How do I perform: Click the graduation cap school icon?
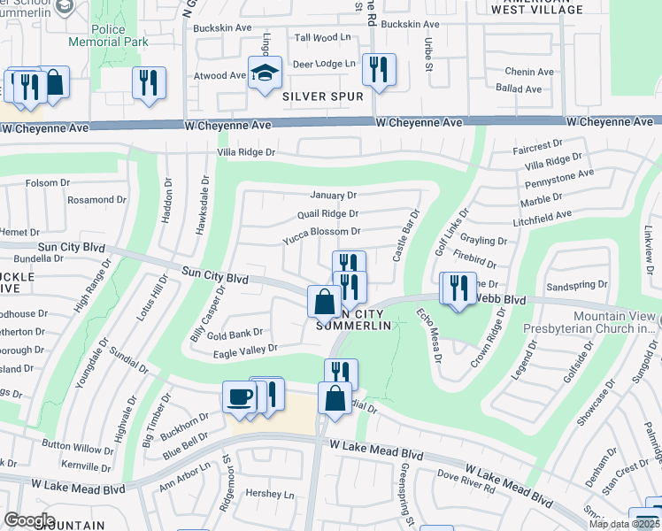pos(264,74)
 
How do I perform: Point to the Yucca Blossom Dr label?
pos(320,233)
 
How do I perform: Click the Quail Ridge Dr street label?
pos(327,213)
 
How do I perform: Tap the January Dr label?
pos(333,195)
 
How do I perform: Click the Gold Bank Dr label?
pos(235,333)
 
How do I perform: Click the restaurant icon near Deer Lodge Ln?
pos(379,70)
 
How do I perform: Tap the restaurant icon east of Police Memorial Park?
pos(149,83)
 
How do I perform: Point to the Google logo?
pos(29,520)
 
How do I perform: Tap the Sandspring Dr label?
pos(577,286)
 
